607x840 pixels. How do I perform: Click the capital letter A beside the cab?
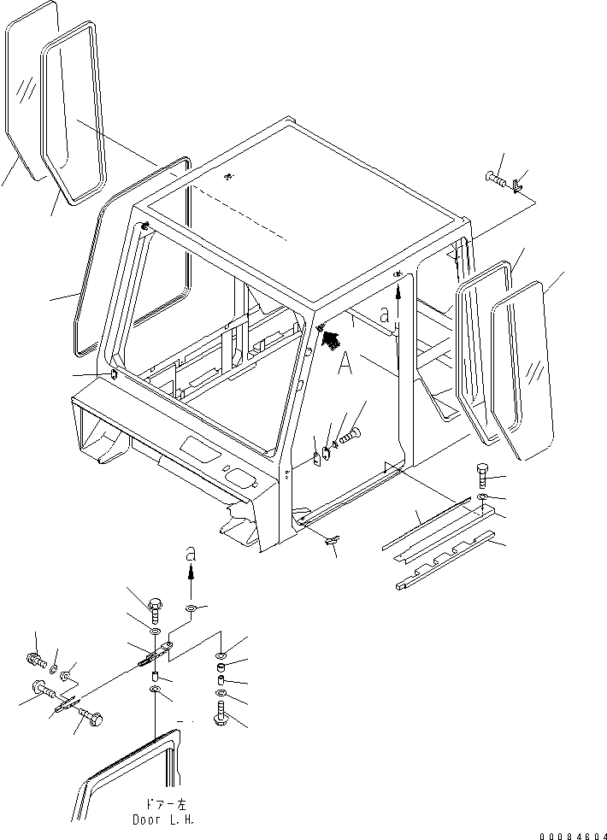pos(345,364)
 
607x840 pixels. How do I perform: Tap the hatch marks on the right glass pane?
pos(535,371)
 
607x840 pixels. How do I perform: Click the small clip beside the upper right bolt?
pos(519,185)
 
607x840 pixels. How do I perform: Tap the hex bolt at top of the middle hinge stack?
pos(155,610)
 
